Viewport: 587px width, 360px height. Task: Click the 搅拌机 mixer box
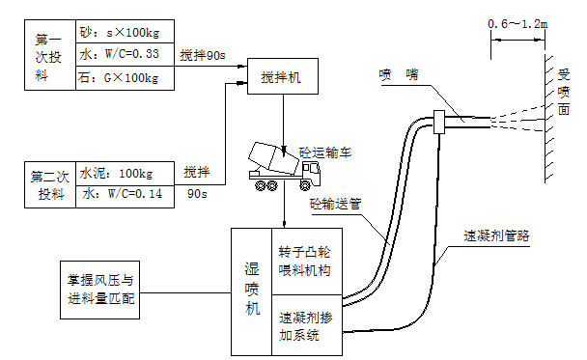tap(281, 77)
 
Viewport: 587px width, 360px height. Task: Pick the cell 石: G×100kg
tap(125, 77)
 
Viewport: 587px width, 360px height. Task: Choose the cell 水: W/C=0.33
tap(125, 56)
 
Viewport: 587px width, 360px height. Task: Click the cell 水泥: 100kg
tap(125, 174)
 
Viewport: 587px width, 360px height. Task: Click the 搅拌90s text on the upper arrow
tap(204, 57)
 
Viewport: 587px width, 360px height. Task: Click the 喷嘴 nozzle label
tap(399, 73)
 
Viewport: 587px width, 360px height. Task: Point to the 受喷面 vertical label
tap(564, 92)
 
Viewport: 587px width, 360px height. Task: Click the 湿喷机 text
tap(250, 291)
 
